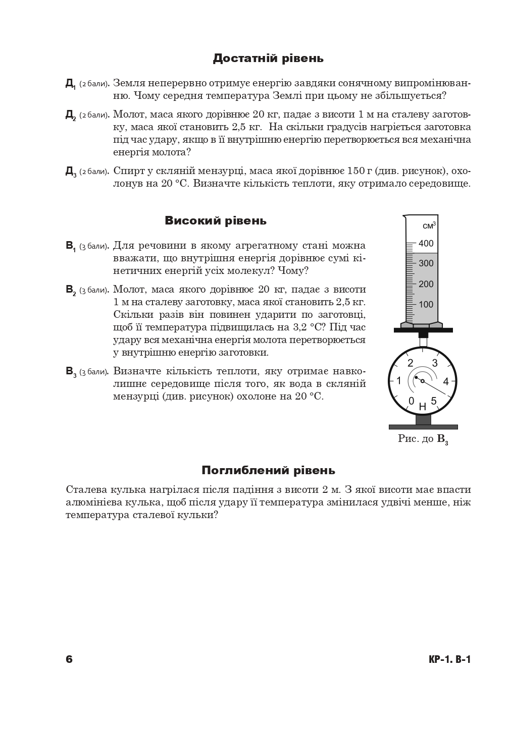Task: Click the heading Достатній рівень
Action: tap(268, 59)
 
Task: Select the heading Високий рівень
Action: tap(216, 221)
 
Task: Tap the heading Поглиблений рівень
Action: tap(268, 471)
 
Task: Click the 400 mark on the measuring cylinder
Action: tap(426, 244)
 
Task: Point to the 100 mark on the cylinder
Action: tap(426, 304)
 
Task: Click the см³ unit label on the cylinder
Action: tap(429, 225)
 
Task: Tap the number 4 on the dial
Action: tap(446, 381)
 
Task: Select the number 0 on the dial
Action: tap(411, 401)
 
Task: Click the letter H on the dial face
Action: tap(423, 407)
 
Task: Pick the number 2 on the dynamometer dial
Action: tap(410, 363)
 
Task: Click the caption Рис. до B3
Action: tap(423, 439)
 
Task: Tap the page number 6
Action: tap(69, 659)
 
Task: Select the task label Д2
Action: tap(71, 116)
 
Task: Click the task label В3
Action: tap(71, 372)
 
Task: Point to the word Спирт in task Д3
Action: tap(127, 171)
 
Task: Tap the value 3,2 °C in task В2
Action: tap(305, 327)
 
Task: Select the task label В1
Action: tap(71, 246)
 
